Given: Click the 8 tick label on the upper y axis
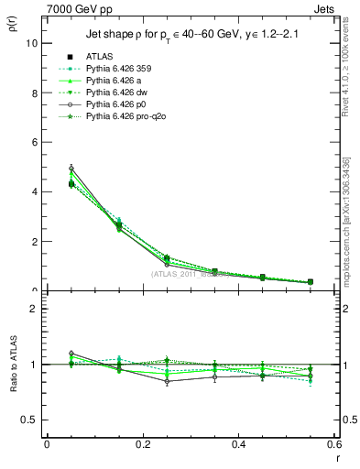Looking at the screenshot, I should pyautogui.click(x=34, y=93).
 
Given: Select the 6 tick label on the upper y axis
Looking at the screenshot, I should pyautogui.click(x=34, y=142).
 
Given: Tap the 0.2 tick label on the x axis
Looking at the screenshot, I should pyautogui.click(x=142, y=443).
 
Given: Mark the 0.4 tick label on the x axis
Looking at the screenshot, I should pyautogui.click(x=238, y=443).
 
